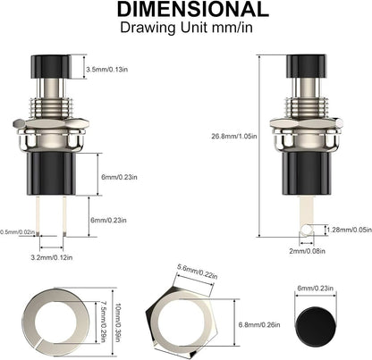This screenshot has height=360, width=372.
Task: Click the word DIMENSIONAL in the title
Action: coord(185,11)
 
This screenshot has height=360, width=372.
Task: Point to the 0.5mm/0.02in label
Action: coord(17,231)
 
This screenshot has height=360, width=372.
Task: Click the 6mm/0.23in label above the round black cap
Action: coord(316,289)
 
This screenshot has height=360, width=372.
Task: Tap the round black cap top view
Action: coord(314,319)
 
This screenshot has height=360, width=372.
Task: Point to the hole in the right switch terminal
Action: coord(305,230)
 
